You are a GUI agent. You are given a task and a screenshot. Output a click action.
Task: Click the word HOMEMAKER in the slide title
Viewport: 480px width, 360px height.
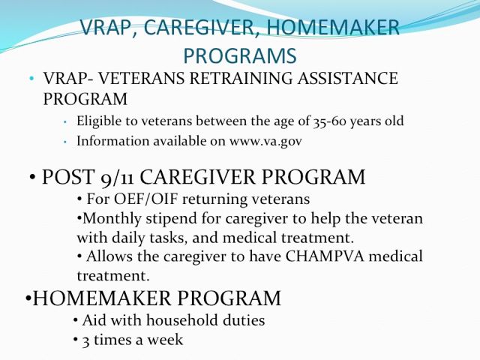click(x=333, y=28)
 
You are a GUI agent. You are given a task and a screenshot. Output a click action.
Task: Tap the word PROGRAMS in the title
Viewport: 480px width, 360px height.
click(x=240, y=55)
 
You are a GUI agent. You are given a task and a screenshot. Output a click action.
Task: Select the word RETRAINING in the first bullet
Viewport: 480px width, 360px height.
click(x=241, y=78)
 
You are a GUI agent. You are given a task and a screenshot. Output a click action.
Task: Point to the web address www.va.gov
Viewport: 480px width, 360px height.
click(x=265, y=141)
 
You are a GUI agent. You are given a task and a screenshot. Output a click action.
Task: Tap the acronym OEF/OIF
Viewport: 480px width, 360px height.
click(x=146, y=199)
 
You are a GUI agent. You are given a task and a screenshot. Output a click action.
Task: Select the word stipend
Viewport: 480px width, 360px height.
click(x=172, y=219)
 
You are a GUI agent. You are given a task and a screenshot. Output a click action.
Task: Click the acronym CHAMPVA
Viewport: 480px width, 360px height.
click(x=325, y=256)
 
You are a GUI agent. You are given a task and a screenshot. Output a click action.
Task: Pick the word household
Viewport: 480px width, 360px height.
click(x=182, y=320)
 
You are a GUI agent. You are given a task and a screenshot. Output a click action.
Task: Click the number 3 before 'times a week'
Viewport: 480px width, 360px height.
click(x=85, y=340)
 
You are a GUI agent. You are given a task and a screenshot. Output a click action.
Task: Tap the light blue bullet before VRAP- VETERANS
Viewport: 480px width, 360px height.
click(x=31, y=78)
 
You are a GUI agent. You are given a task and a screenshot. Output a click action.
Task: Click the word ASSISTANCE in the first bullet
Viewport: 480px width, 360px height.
click(x=348, y=78)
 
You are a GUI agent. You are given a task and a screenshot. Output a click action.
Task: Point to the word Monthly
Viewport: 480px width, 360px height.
click(x=112, y=219)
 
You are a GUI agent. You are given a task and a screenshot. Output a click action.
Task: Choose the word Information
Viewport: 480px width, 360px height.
click(x=112, y=141)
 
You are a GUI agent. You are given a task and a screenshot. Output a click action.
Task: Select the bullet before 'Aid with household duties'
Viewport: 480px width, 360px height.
click(x=76, y=320)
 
